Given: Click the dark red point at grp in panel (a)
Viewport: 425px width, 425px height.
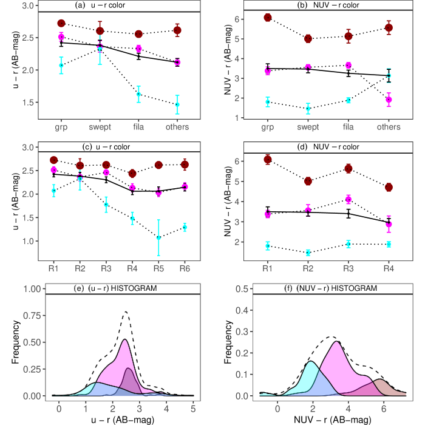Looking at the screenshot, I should click(x=61, y=23).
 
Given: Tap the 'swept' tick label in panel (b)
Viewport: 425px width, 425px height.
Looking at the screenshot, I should click(x=308, y=127).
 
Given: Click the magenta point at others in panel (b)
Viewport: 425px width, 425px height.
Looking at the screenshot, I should click(x=389, y=100).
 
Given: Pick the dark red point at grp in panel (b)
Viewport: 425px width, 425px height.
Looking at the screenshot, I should click(x=268, y=18).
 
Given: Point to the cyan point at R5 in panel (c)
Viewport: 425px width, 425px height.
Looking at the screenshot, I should click(x=159, y=237).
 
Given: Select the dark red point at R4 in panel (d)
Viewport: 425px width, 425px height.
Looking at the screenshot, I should click(x=389, y=187).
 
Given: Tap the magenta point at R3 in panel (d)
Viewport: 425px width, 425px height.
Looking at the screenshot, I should click(x=348, y=199).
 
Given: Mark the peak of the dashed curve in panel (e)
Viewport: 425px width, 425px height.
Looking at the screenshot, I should click(x=126, y=311).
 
